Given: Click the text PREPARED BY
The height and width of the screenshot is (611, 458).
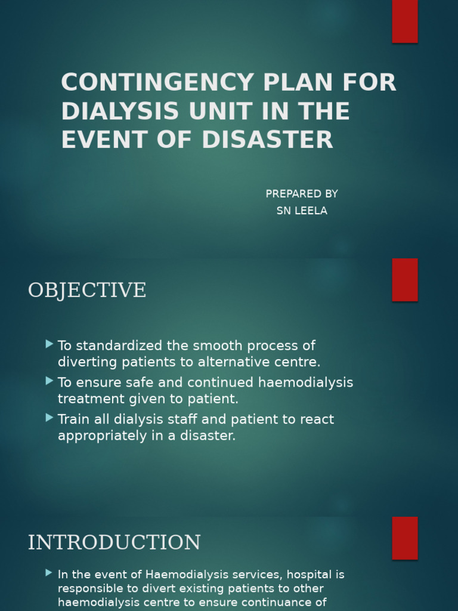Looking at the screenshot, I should (x=302, y=194).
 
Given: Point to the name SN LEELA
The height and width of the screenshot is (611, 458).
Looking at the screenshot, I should (x=302, y=211).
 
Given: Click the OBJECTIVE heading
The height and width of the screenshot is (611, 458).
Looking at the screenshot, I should (x=87, y=291).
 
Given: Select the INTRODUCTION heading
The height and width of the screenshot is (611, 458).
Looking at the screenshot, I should (x=114, y=543).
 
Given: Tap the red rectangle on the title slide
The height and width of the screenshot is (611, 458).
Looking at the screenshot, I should (x=405, y=21).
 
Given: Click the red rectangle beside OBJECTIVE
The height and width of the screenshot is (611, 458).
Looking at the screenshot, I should (x=405, y=280).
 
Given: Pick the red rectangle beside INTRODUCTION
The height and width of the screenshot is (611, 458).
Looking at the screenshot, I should (x=405, y=538).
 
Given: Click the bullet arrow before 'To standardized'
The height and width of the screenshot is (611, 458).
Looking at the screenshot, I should (x=49, y=344).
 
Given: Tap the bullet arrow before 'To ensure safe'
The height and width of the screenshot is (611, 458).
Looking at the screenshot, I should (x=49, y=381).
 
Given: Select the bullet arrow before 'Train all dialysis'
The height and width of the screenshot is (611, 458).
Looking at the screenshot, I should (x=49, y=418).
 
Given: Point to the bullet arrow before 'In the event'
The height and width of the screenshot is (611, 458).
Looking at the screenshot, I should (x=49, y=573).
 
